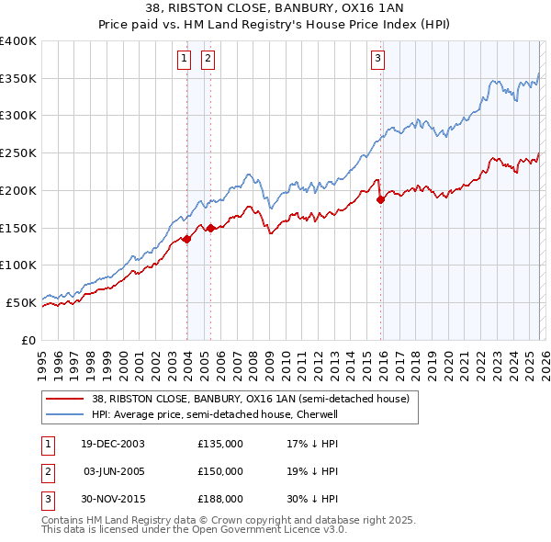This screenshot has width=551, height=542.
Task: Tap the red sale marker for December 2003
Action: tap(186, 239)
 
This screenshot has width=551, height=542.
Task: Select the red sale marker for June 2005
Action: tap(210, 228)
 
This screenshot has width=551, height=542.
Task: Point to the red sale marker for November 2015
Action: tap(380, 199)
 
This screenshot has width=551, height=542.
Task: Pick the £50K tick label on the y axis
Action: tap(21, 302)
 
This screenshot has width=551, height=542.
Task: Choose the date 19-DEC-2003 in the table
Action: tap(112, 444)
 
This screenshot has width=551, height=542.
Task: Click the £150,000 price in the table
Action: tap(220, 471)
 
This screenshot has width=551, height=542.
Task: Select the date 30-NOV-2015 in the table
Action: tap(112, 499)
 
